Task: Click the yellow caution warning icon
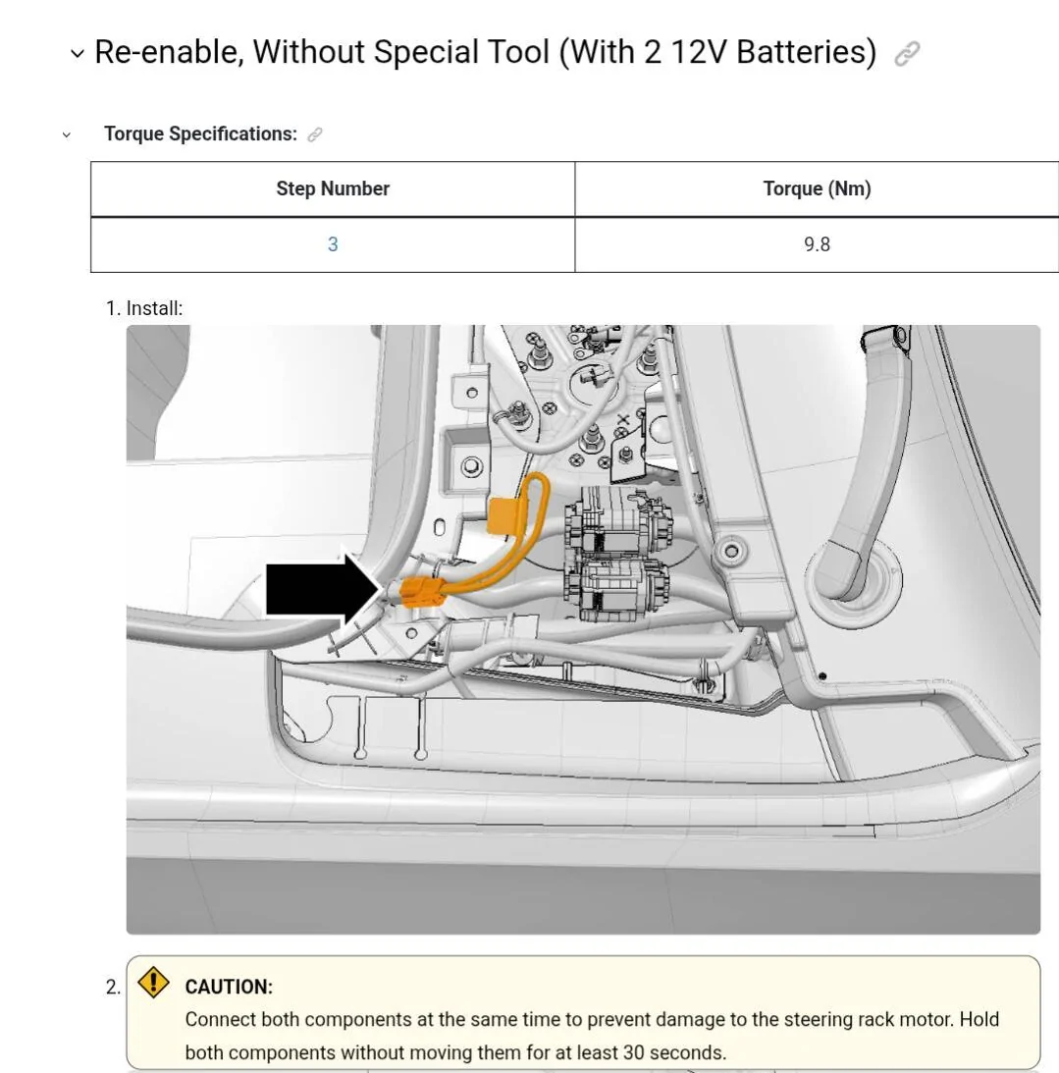(153, 983)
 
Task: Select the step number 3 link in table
(333, 244)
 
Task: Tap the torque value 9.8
(817, 244)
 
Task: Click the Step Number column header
(333, 188)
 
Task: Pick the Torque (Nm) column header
(817, 188)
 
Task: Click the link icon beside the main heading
(908, 54)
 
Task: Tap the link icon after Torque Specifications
(315, 134)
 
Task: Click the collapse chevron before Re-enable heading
(78, 54)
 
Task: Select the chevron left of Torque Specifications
(67, 134)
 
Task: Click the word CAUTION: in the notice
(229, 987)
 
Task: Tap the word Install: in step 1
(154, 308)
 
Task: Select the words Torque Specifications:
(200, 134)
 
